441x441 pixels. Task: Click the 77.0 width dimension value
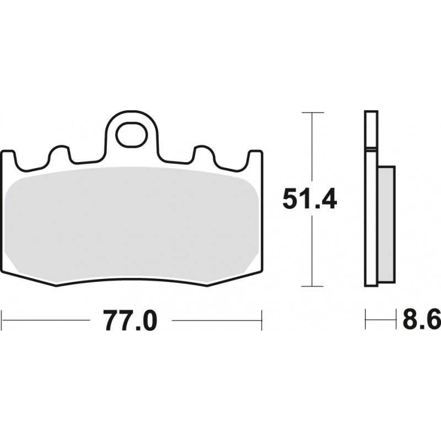click(130, 320)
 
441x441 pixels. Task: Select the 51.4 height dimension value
click(309, 199)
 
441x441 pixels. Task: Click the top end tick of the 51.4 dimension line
click(313, 112)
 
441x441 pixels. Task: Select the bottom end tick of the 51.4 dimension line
click(313, 286)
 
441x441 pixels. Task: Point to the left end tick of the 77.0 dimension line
click(3, 318)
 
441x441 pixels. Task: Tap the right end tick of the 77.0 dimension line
click(261, 318)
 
